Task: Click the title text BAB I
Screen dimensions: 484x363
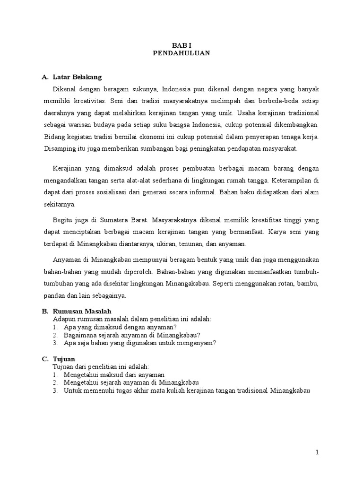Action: (x=181, y=45)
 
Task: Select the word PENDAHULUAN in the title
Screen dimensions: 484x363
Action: (x=181, y=53)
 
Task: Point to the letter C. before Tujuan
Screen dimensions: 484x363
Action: (x=45, y=359)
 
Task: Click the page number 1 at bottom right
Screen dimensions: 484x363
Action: (x=318, y=452)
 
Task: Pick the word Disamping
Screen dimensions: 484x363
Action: (x=59, y=149)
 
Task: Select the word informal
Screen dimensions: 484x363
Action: (x=213, y=193)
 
